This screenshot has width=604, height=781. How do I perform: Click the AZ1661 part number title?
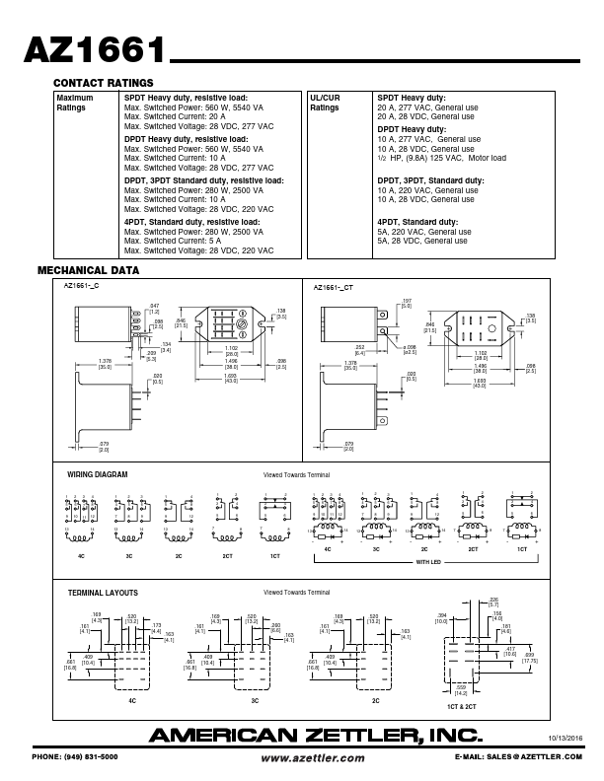pyautogui.click(x=93, y=51)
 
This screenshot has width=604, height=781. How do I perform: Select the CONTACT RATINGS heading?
pyautogui.click(x=103, y=83)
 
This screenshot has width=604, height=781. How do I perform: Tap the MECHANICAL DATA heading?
pyautogui.click(x=88, y=270)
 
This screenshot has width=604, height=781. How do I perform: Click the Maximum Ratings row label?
pyautogui.click(x=75, y=104)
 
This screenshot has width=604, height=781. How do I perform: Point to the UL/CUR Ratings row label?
pyautogui.click(x=326, y=104)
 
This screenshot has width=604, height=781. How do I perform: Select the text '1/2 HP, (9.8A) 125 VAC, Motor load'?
pyautogui.click(x=441, y=158)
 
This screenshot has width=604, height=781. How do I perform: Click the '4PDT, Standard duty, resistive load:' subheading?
pyautogui.click(x=191, y=222)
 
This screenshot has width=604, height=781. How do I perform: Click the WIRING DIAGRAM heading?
pyautogui.click(x=97, y=474)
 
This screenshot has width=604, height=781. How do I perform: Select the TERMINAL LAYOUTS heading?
pyautogui.click(x=103, y=593)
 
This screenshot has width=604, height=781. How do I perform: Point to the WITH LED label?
pyautogui.click(x=428, y=562)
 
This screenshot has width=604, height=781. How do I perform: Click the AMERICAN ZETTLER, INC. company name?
pyautogui.click(x=316, y=735)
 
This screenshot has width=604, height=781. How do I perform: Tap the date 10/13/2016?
pyautogui.click(x=565, y=737)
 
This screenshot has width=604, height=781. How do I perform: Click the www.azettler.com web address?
pyautogui.click(x=313, y=757)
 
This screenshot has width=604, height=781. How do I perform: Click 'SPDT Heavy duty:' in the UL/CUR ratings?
pyautogui.click(x=412, y=98)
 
